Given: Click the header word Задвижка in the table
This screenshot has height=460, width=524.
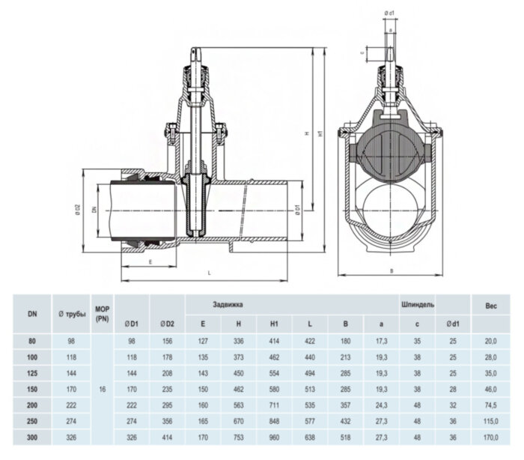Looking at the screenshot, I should [x=228, y=305].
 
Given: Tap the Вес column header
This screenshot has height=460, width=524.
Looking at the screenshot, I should [x=490, y=305].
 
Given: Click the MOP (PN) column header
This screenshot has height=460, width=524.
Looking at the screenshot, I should [x=103, y=314].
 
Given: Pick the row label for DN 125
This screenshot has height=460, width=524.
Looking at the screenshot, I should [x=31, y=372].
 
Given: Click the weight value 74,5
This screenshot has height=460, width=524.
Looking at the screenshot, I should [x=490, y=405].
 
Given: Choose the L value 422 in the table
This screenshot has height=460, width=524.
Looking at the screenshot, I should [x=311, y=340].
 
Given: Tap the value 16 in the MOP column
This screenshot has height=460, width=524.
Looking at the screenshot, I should [x=103, y=389].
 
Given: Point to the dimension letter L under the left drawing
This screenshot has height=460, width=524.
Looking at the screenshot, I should [x=208, y=273].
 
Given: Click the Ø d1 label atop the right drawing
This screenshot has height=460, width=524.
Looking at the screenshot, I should [x=389, y=12].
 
